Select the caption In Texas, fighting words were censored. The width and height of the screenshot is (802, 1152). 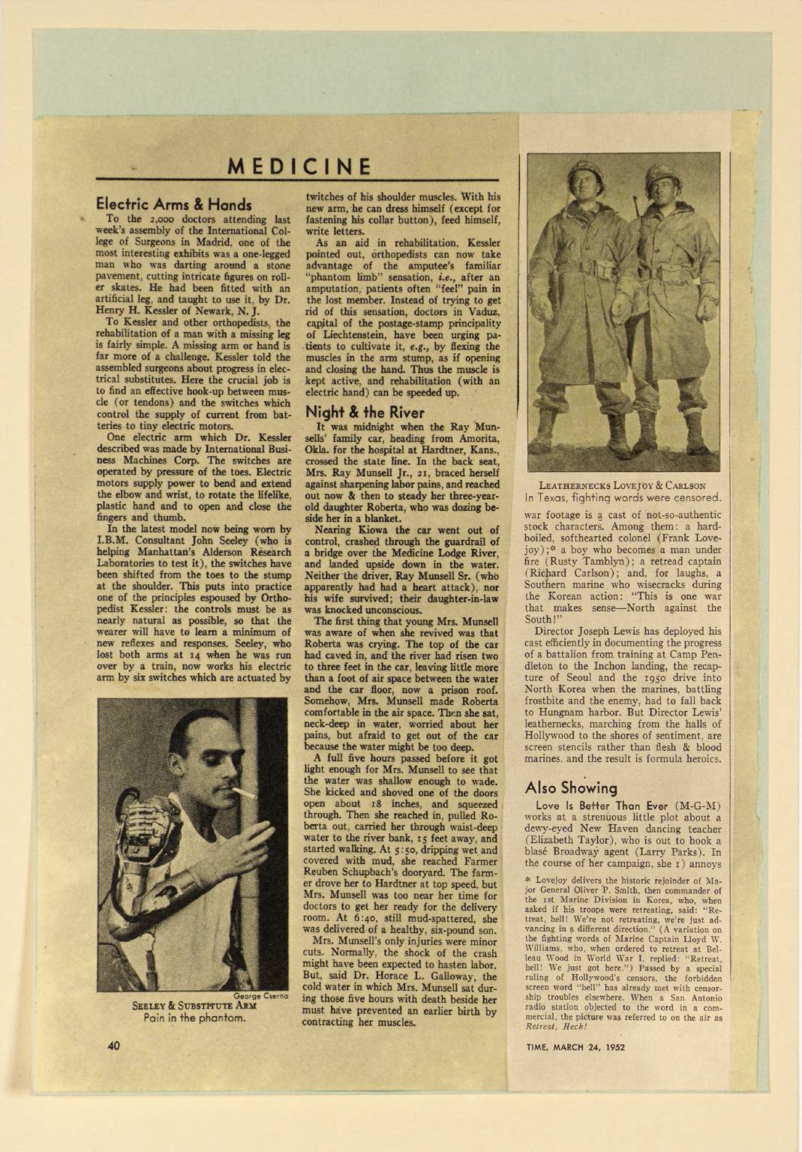point(623,497)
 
